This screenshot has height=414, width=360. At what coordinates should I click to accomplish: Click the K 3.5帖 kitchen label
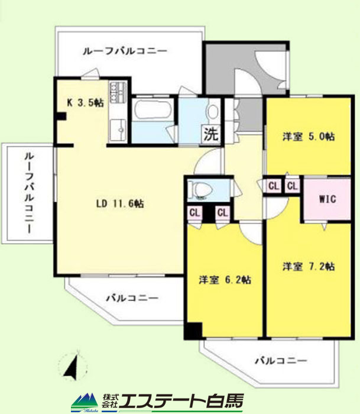pyautogui.click(x=85, y=102)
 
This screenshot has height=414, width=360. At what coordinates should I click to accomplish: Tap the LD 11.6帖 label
pyautogui.click(x=120, y=203)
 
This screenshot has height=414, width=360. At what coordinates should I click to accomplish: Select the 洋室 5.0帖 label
pyautogui.click(x=309, y=137)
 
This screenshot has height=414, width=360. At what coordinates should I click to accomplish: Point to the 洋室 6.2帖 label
pyautogui.click(x=225, y=280)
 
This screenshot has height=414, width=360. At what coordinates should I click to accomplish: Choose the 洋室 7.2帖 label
pyautogui.click(x=309, y=266)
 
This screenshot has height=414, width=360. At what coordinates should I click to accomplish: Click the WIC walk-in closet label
pyautogui.click(x=327, y=199)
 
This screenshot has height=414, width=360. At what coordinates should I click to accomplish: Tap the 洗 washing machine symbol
pyautogui.click(x=212, y=134)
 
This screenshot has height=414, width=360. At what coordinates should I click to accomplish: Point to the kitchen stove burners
pyautogui.click(x=118, y=92)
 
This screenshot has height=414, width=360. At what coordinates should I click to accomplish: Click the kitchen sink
pyautogui.click(x=118, y=130)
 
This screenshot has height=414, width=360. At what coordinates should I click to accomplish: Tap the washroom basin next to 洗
pyautogui.click(x=213, y=111)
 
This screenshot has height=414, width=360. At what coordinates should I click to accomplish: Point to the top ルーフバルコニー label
pyautogui.click(x=125, y=51)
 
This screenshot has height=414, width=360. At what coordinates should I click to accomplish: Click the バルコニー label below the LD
pyautogui.click(x=132, y=298)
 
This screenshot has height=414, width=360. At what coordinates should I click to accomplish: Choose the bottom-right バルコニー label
pyautogui.click(x=281, y=360)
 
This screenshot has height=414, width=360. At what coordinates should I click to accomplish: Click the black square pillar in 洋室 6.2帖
pyautogui.click(x=193, y=331)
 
